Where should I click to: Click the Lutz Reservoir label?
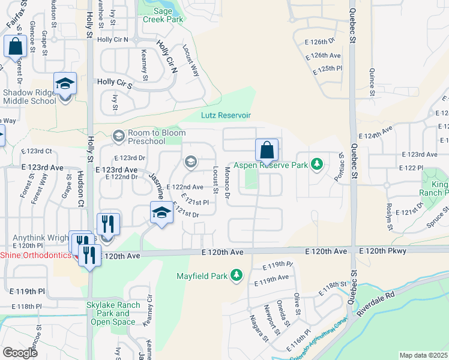pyautogui.click(x=224, y=115)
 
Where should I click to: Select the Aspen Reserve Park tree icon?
pyautogui.click(x=317, y=164)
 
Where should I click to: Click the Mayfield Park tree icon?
pyautogui.click(x=237, y=276)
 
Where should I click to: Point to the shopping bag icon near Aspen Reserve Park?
pyautogui.click(x=266, y=151)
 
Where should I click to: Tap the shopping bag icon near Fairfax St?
pyautogui.click(x=14, y=47)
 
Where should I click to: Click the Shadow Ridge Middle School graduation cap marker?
pyautogui.click(x=65, y=85)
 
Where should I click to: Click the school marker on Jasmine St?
pyautogui.click(x=161, y=214)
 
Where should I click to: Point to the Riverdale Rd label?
pyautogui.click(x=373, y=305)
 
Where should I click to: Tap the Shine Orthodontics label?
pyautogui.click(x=34, y=255)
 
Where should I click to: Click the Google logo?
pyautogui.click(x=20, y=352)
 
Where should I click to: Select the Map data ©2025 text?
pyautogui.click(x=423, y=355)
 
